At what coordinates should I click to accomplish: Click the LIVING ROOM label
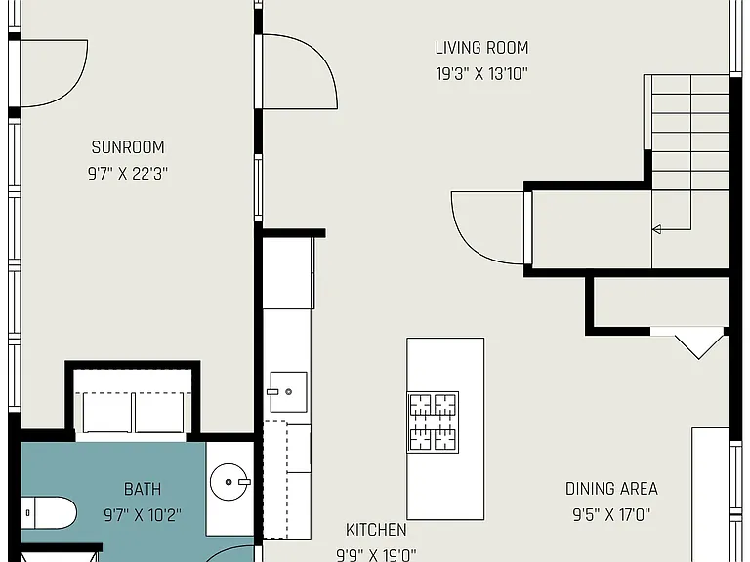[481, 48]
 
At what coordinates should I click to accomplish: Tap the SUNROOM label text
[128, 147]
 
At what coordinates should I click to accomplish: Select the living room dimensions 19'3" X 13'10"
[481, 74]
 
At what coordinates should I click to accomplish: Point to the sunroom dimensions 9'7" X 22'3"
[128, 174]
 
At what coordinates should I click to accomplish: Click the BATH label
[143, 489]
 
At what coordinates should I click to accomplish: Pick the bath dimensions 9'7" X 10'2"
[143, 515]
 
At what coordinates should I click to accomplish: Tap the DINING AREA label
[611, 489]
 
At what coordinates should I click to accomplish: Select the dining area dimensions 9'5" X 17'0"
[611, 515]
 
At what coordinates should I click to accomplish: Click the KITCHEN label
[376, 530]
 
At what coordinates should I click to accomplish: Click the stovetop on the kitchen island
[433, 422]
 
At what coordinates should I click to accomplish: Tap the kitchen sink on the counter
[288, 392]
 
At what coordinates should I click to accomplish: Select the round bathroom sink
[229, 482]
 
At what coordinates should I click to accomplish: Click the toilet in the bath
[48, 513]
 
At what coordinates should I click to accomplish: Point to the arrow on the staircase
[672, 229]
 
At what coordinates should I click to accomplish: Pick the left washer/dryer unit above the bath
[106, 413]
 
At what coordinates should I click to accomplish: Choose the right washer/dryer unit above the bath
[159, 413]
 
